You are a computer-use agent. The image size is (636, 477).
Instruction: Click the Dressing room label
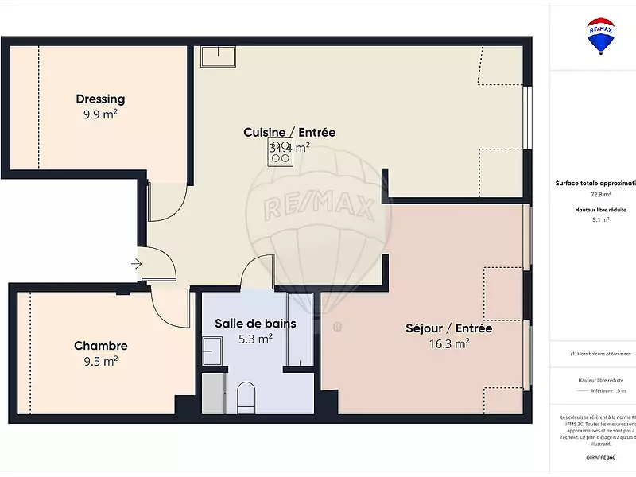tap(100, 99)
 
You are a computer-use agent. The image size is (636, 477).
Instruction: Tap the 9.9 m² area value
tap(100, 114)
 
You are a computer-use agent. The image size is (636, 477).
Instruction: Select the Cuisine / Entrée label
tap(289, 133)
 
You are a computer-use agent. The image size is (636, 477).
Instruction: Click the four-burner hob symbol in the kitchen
tap(280, 152)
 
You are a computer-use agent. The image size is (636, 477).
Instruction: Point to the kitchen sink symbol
tap(218, 56)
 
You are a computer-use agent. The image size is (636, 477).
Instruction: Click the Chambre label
tap(100, 346)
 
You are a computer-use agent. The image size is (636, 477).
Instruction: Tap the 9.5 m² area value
tap(100, 360)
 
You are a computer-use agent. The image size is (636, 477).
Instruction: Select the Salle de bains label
tap(255, 324)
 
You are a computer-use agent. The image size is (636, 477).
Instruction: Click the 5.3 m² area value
tap(255, 338)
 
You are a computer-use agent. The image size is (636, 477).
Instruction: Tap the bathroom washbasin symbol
tap(211, 350)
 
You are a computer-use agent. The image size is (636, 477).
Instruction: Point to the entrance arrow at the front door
tap(137, 263)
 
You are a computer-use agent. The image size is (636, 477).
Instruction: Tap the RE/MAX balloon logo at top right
tap(600, 36)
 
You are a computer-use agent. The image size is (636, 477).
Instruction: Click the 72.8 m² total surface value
tap(600, 194)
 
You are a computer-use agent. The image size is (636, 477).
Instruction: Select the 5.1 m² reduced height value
tap(600, 219)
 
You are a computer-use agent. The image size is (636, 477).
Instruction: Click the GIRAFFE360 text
tap(600, 457)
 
